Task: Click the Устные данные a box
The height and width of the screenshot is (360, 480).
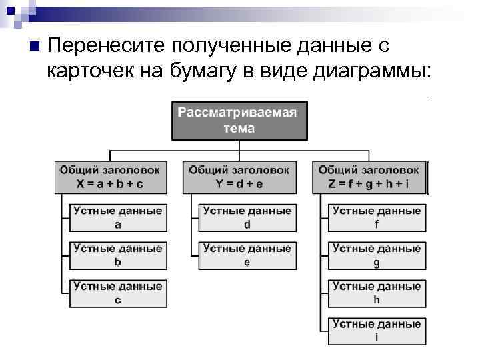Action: tap(118, 218)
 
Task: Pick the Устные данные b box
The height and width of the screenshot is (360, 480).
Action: tap(118, 255)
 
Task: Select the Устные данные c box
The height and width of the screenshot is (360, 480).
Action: tap(118, 293)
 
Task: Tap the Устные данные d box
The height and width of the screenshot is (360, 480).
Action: tap(247, 218)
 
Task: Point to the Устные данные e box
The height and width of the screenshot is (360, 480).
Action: tap(247, 255)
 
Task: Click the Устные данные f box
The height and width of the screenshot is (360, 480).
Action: tap(377, 218)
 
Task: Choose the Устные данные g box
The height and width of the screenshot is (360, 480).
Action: tap(377, 255)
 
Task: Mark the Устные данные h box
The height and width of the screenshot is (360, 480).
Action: tap(377, 293)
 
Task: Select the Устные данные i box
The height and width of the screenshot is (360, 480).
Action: tap(377, 331)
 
